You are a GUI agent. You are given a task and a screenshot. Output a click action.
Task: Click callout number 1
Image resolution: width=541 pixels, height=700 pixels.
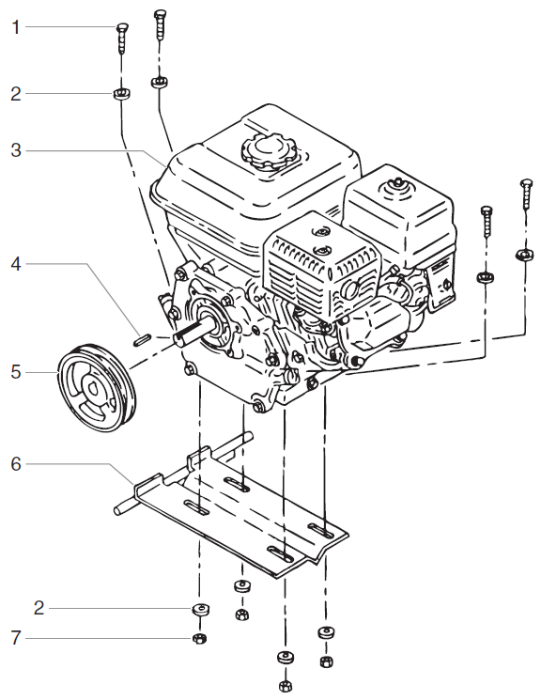click(15, 27)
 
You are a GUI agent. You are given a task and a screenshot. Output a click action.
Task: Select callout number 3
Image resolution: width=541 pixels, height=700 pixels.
click(15, 150)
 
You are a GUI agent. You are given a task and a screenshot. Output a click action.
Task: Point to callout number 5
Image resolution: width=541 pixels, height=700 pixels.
click(15, 371)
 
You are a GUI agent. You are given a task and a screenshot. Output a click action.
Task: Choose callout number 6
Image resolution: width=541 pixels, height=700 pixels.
click(15, 463)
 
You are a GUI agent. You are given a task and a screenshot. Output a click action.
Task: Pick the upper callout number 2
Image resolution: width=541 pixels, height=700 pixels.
click(15, 94)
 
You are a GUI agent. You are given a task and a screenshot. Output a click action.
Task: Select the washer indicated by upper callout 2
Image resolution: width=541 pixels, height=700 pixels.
click(121, 93)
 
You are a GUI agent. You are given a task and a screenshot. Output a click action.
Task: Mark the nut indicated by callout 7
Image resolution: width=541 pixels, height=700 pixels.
click(199, 640)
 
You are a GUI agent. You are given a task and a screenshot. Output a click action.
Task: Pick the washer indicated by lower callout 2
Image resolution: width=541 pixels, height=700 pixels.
click(199, 609)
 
